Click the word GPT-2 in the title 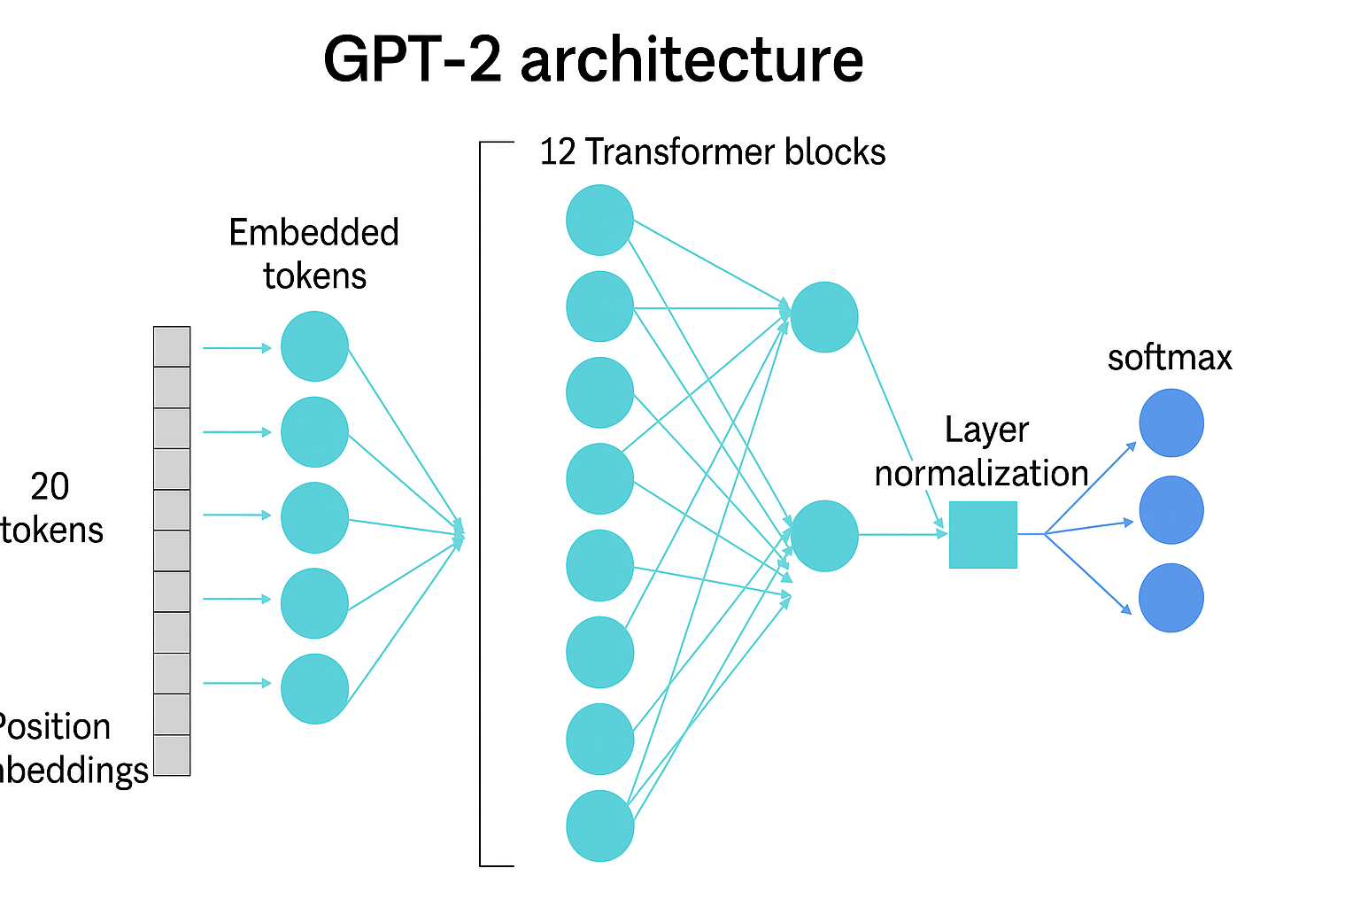click(x=413, y=60)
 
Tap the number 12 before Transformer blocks click(x=558, y=152)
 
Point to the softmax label click(x=1170, y=358)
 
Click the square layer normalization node click(x=983, y=535)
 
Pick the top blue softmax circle click(x=1171, y=423)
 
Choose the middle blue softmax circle click(x=1171, y=510)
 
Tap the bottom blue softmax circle click(x=1171, y=598)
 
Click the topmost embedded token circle click(x=314, y=346)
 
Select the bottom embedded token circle click(x=314, y=689)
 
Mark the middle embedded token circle click(x=314, y=517)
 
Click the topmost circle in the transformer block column click(x=599, y=220)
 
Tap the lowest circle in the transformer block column click(x=599, y=826)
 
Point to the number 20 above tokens click(x=50, y=487)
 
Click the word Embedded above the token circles click(x=313, y=233)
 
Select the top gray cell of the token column click(x=172, y=346)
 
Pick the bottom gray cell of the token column click(x=172, y=756)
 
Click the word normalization click(x=981, y=474)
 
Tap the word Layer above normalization click(x=986, y=430)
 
